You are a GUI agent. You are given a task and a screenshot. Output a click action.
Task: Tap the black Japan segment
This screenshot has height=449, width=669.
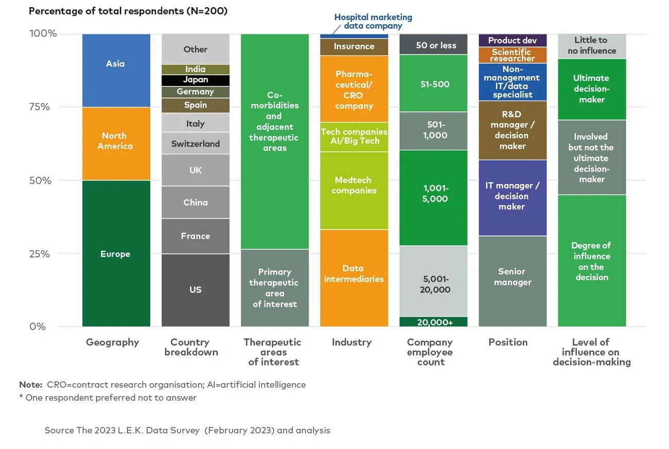(196, 80)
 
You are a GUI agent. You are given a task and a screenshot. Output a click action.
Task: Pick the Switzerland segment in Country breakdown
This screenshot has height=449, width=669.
(196, 144)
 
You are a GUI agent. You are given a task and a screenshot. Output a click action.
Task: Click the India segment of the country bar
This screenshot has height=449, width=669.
(196, 69)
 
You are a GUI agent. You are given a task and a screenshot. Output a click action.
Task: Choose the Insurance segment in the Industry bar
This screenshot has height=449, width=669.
(354, 46)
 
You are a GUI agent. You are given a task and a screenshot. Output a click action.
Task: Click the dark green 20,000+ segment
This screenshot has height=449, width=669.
(433, 322)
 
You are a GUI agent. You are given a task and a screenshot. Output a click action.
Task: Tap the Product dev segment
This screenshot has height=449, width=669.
(513, 40)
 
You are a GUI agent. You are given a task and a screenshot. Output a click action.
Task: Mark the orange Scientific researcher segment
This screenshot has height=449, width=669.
(513, 55)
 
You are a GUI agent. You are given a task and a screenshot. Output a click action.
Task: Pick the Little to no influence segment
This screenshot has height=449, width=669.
(592, 46)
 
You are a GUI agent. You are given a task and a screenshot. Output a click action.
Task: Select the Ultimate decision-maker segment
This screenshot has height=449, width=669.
(592, 89)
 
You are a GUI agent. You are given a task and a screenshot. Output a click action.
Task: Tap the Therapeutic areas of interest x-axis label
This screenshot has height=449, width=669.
(273, 352)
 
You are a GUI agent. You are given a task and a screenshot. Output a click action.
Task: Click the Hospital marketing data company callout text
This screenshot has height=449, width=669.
(373, 21)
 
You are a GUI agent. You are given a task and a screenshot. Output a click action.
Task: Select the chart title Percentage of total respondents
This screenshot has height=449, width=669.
(128, 11)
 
